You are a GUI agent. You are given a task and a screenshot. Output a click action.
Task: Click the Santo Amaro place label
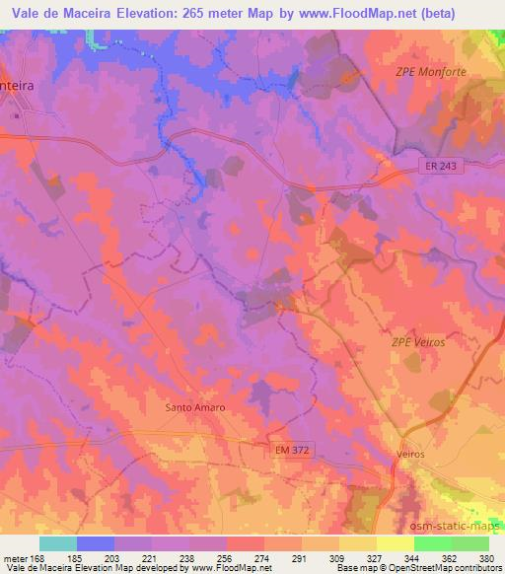(195, 406)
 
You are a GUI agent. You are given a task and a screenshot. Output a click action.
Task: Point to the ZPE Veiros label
(419, 341)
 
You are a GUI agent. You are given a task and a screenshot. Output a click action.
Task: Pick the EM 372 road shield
(288, 450)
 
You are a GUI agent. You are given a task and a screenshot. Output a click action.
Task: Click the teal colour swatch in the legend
(57, 542)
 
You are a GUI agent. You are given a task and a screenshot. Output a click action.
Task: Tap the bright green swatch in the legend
(433, 542)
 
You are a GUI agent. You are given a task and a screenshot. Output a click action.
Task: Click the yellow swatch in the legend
(357, 542)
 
